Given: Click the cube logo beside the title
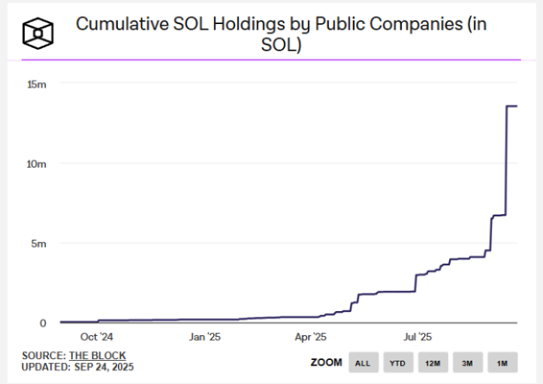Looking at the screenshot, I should (37, 34).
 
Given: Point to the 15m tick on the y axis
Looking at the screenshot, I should (37, 83).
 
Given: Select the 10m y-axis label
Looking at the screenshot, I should (37, 163).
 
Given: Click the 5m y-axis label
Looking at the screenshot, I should (39, 243).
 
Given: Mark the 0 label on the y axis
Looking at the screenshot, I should (43, 323).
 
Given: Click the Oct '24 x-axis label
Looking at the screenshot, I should (97, 337).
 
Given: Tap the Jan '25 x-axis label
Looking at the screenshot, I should (204, 337).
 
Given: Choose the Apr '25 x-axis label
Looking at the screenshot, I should (310, 337).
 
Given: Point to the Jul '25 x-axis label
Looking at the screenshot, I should (418, 337).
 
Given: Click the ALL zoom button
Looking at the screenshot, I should (363, 363).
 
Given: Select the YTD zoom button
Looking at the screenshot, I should (397, 363).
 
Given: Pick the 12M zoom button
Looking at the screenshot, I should (433, 363).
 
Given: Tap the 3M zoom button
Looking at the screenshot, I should (467, 363).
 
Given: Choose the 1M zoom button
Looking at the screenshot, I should (502, 363).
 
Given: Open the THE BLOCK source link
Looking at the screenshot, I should (98, 355).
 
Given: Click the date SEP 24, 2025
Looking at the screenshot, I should (104, 367).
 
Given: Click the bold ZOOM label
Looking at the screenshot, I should (326, 363).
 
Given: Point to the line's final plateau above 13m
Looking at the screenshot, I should (511, 106).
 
